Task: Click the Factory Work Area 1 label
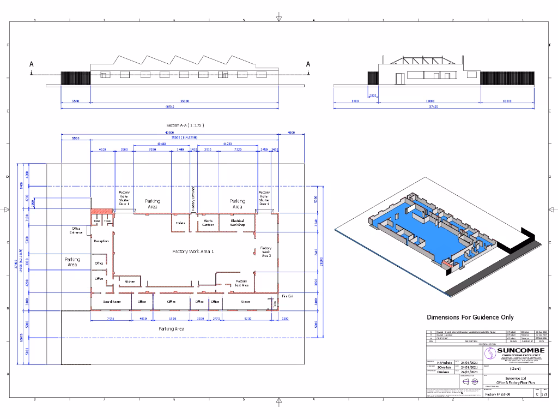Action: click(x=193, y=252)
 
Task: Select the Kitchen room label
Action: click(x=130, y=282)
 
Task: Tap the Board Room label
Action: click(x=112, y=301)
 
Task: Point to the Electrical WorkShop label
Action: click(x=238, y=223)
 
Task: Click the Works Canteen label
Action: click(x=208, y=223)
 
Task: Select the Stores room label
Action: click(x=246, y=301)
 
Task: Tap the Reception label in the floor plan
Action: click(x=101, y=241)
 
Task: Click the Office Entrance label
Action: click(x=76, y=230)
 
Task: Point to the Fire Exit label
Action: click(x=288, y=296)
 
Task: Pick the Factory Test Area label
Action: click(x=241, y=283)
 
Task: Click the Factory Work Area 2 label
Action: click(x=266, y=252)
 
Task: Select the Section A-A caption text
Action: click(x=185, y=125)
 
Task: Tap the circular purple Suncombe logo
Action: click(x=489, y=353)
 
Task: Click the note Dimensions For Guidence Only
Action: click(x=470, y=318)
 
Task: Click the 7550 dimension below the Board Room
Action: click(x=111, y=318)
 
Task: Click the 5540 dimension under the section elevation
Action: click(x=75, y=101)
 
